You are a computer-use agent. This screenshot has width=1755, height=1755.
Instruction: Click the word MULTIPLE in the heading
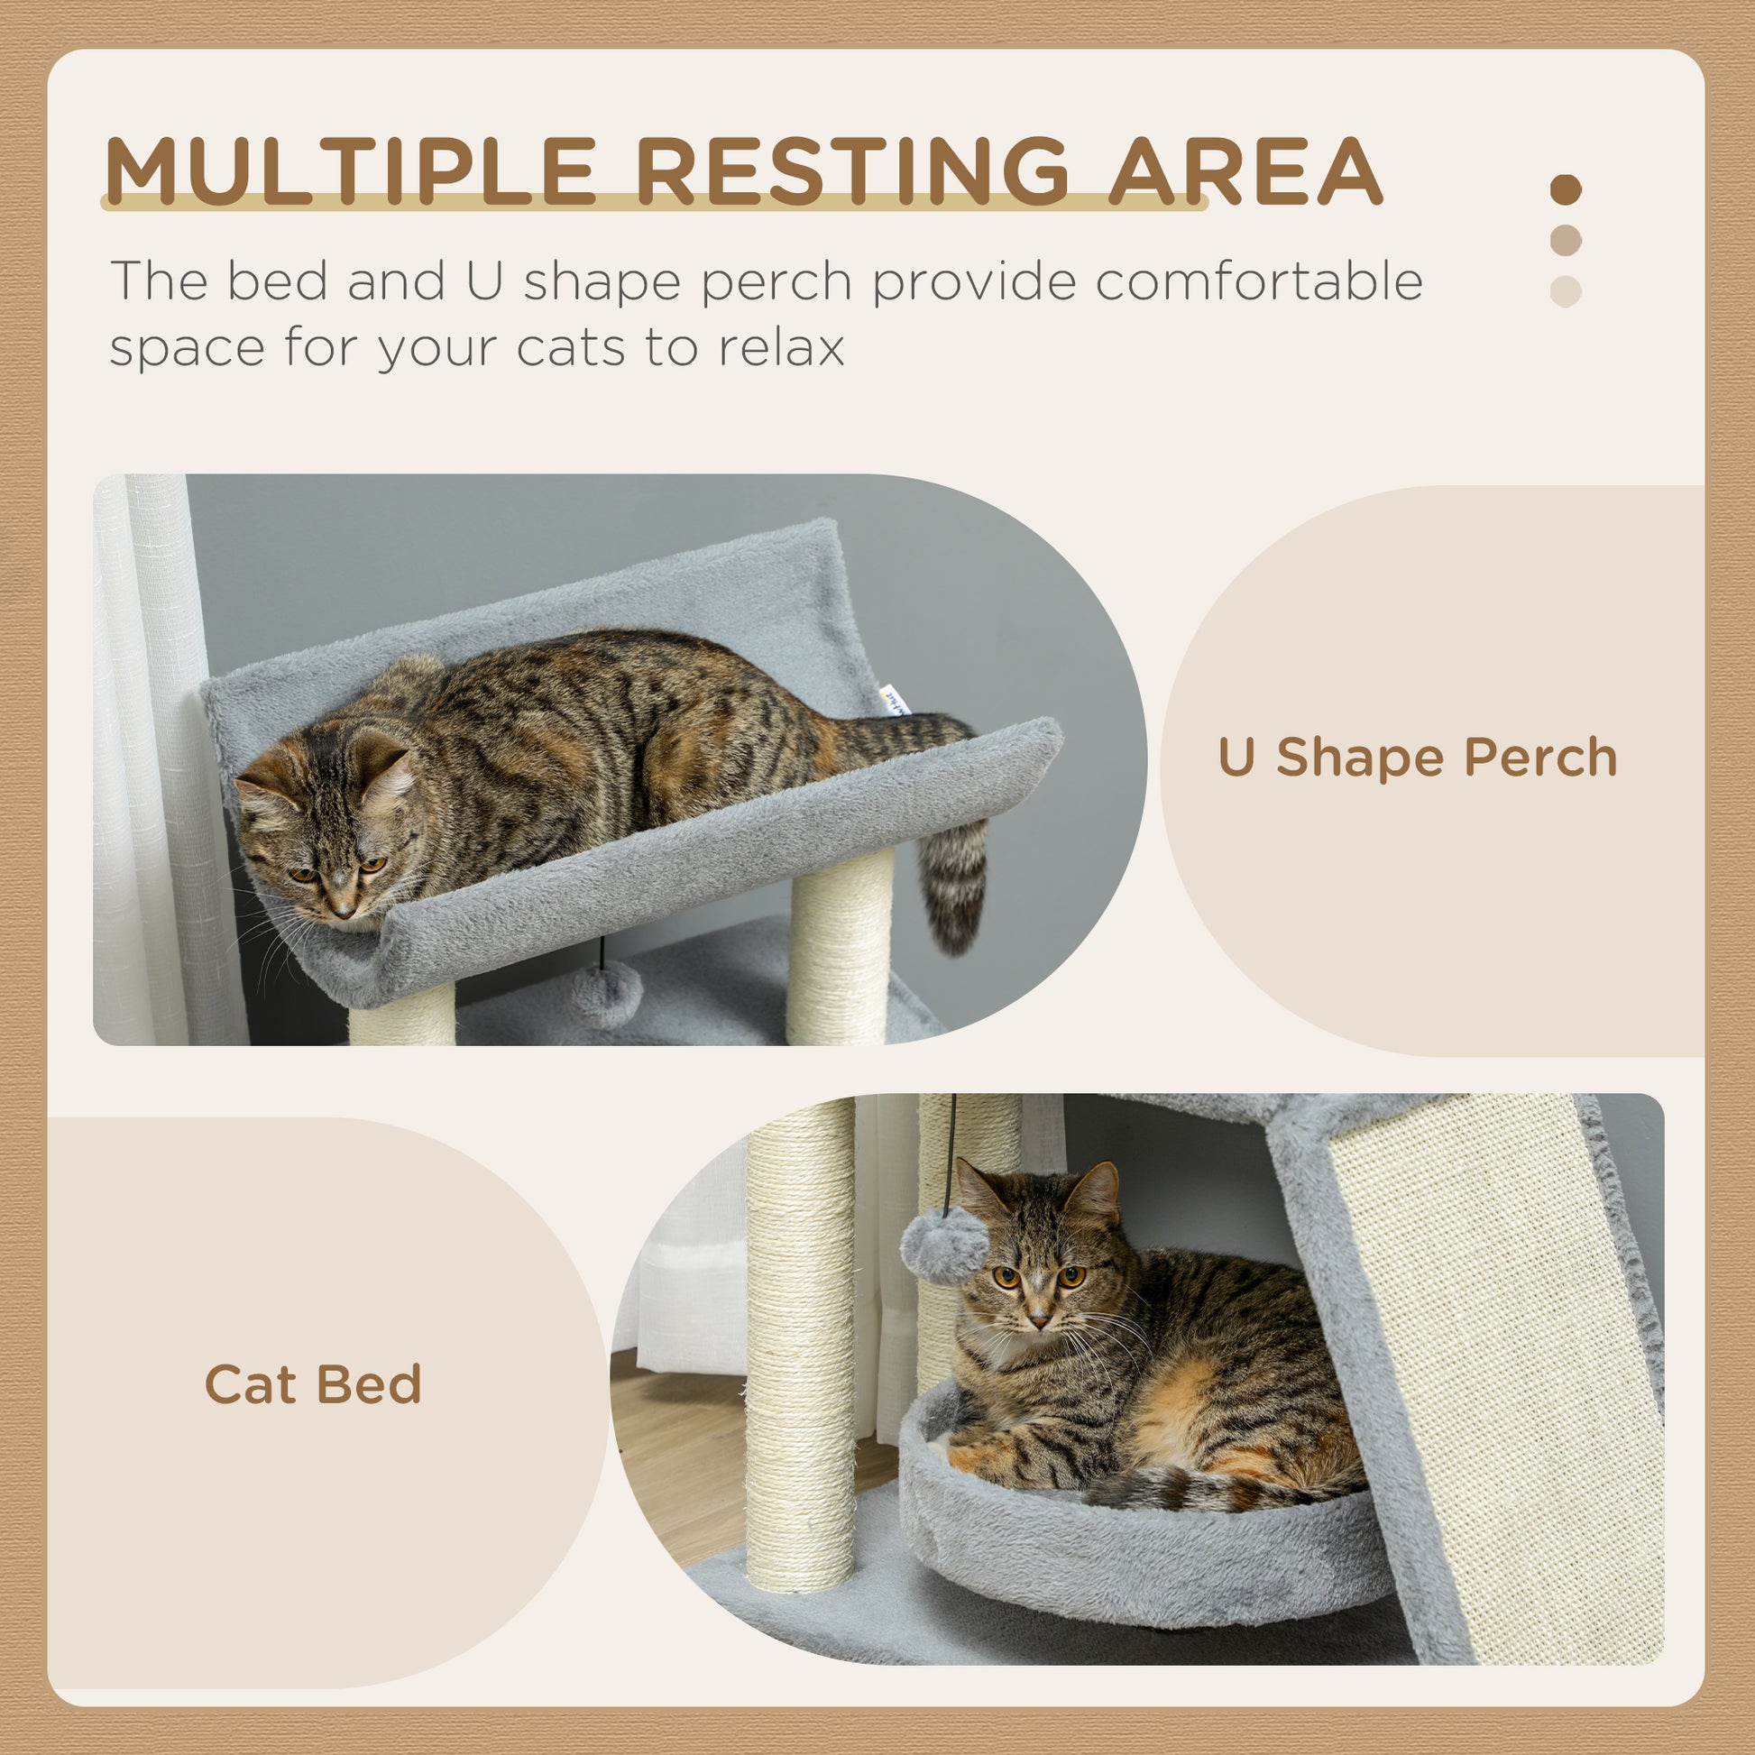[x=350, y=171]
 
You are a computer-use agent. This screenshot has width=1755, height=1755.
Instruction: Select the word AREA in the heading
[x=1244, y=171]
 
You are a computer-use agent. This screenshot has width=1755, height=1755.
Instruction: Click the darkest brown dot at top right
[x=1565, y=190]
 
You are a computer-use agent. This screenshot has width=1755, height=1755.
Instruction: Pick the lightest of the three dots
[x=1565, y=291]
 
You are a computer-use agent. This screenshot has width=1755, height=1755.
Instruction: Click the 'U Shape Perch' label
[x=1417, y=758]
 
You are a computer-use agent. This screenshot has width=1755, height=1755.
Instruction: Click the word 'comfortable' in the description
[x=1258, y=280]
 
